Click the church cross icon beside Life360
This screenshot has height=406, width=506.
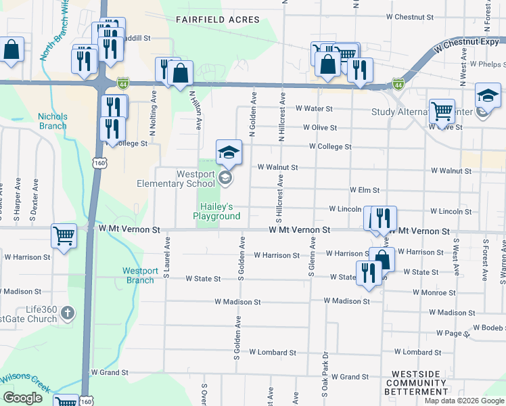[67, 313]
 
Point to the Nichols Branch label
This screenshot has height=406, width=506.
[52, 120]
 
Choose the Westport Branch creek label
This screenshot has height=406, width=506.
[140, 275]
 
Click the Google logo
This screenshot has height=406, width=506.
[23, 398]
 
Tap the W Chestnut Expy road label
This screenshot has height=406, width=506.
[467, 45]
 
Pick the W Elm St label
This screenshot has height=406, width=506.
[364, 191]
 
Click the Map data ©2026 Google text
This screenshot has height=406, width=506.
[463, 401]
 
